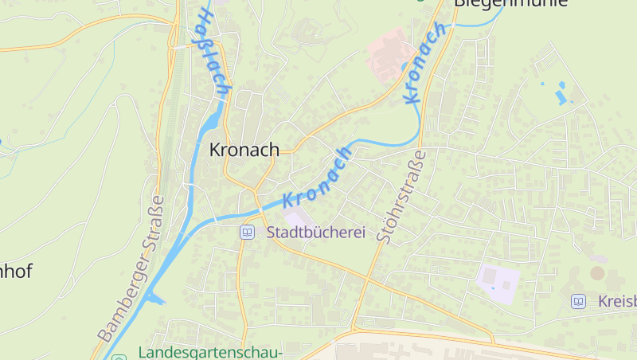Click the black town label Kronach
pos(244,150)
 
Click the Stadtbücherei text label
pos(315,233)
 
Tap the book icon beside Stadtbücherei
pos(248,233)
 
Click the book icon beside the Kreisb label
pos(578,301)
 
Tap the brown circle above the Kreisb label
pos(597,273)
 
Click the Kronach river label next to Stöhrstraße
pos(425,64)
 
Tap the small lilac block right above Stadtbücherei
pos(295,217)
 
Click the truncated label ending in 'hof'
pos(16,271)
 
